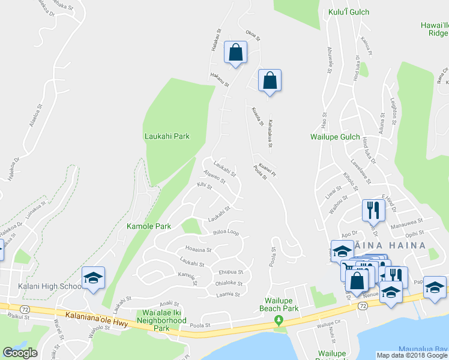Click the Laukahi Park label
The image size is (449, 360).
click(167, 136)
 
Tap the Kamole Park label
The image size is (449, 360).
click(148, 226)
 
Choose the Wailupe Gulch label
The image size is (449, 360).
click(334, 137)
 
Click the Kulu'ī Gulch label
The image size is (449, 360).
click(349, 12)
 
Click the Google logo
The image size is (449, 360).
click(20, 353)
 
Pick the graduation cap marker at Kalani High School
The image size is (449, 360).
click(93, 278)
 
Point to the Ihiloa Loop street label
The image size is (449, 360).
click(226, 232)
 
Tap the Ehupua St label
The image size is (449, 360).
click(230, 272)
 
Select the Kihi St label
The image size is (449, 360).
click(205, 187)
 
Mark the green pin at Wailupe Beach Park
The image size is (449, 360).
click(277, 320)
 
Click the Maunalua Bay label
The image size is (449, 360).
click(423, 349)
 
